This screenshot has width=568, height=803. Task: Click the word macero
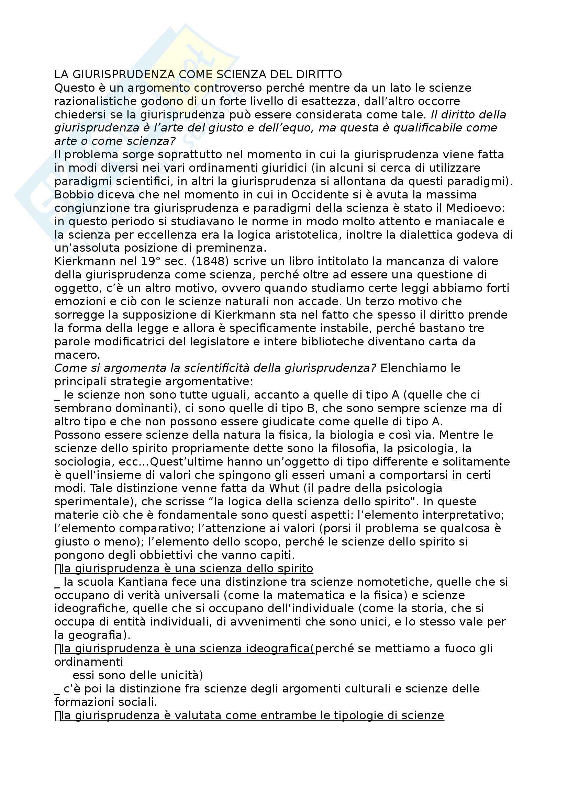coord(77,355)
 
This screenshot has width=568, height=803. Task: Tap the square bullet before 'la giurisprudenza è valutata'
coord(58,716)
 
